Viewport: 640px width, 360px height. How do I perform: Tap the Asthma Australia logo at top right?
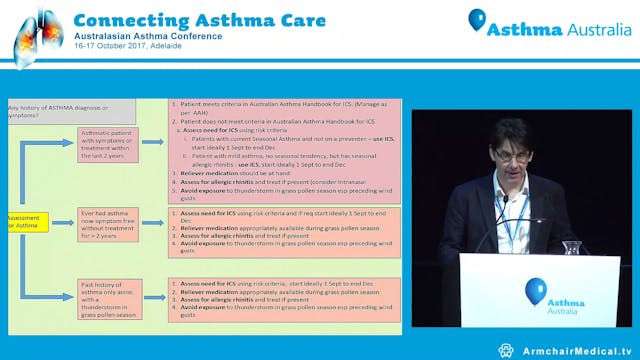pyautogui.click(x=549, y=27)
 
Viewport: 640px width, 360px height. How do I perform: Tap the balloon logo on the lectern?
pyautogui.click(x=536, y=290)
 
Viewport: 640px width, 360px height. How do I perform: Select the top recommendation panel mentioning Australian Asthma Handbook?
pyautogui.click(x=284, y=149)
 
